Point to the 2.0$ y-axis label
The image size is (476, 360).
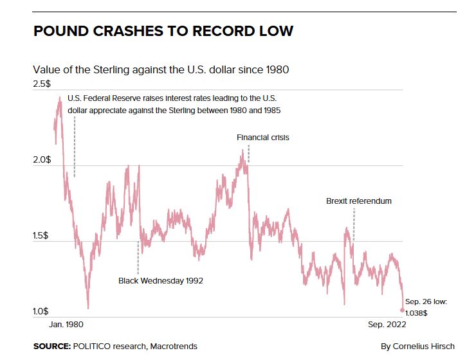coord(42,159)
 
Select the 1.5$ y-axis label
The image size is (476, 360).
coord(42,236)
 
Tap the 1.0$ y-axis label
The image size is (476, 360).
coord(42,312)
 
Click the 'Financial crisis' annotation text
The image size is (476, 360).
coord(262,138)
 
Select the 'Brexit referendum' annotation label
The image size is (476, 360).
coord(358,201)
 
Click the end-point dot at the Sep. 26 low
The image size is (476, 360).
coord(403,310)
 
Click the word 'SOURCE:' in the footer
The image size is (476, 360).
coord(51,346)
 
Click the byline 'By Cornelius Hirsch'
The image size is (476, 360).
coord(417,346)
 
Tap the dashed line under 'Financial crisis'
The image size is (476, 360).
coord(248,154)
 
